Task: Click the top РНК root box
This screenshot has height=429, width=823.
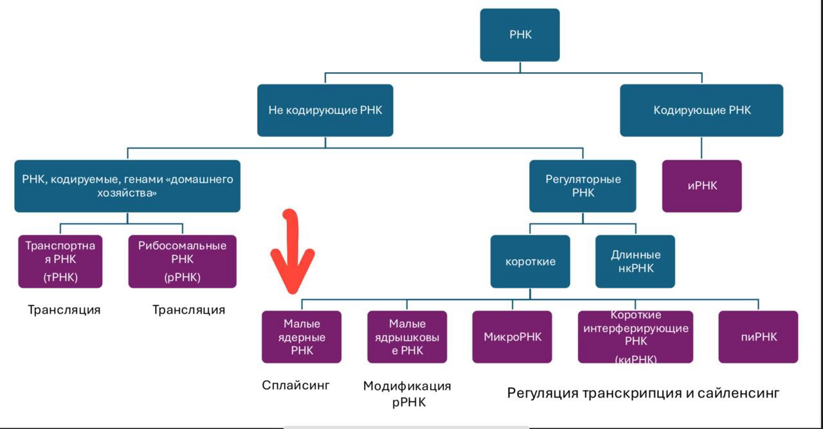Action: tap(520, 35)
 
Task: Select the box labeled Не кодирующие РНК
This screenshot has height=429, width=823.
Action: tap(325, 110)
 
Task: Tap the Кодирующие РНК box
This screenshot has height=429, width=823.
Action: tap(701, 110)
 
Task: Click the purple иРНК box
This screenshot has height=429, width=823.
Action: tap(701, 186)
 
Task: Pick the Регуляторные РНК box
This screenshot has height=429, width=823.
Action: tap(583, 186)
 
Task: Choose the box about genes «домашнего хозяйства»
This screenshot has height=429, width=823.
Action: tap(127, 186)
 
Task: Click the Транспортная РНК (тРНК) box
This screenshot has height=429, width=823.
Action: tap(60, 261)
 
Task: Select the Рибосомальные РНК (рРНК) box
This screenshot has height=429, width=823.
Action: tap(182, 261)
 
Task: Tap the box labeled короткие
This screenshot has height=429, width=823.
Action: tap(530, 261)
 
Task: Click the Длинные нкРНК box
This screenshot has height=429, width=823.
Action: tap(635, 261)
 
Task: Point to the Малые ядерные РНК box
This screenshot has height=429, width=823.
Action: tap(302, 337)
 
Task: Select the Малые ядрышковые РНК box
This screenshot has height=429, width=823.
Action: tap(407, 337)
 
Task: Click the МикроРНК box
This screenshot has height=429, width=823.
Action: tap(512, 337)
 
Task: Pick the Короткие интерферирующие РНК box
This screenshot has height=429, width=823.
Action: tap(635, 337)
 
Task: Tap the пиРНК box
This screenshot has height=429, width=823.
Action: tap(758, 337)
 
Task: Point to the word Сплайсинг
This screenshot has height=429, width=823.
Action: tap(296, 385)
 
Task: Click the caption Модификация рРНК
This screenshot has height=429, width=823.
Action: tap(407, 394)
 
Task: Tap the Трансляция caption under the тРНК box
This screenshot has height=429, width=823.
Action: tap(64, 310)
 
